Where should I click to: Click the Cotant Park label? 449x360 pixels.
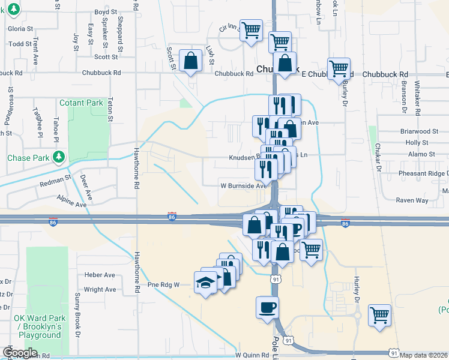tap(82, 103)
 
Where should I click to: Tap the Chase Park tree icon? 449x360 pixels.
tap(59, 158)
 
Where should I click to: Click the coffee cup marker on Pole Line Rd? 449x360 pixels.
tap(267, 307)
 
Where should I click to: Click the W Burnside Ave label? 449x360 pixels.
tap(243, 186)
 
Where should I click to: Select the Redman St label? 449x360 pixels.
tap(55, 178)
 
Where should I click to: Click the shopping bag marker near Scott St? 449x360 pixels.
tap(190, 61)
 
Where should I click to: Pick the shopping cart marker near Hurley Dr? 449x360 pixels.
tap(379, 315)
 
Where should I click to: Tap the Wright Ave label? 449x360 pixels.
tap(100, 289)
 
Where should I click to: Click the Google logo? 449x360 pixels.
tap(20, 353)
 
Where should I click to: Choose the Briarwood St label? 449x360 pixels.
tap(420, 131)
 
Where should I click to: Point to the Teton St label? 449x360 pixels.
tap(111, 110)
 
